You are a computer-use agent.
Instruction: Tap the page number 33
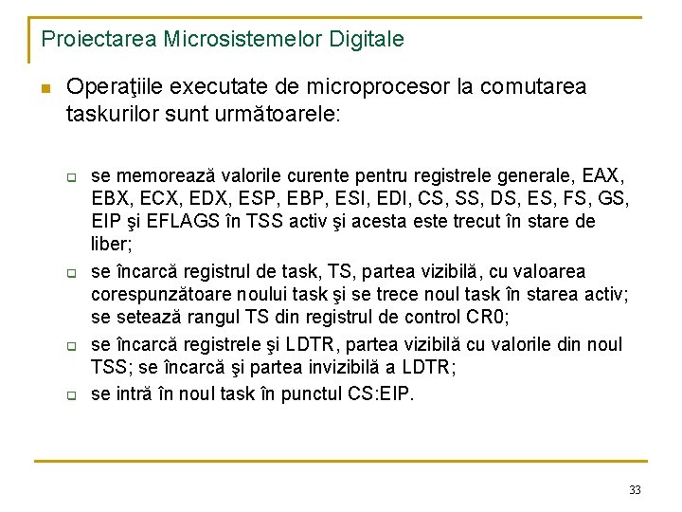pyautogui.click(x=635, y=489)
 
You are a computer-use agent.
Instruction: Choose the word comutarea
pyautogui.click(x=533, y=87)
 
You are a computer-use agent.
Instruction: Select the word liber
pyautogui.click(x=110, y=244)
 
